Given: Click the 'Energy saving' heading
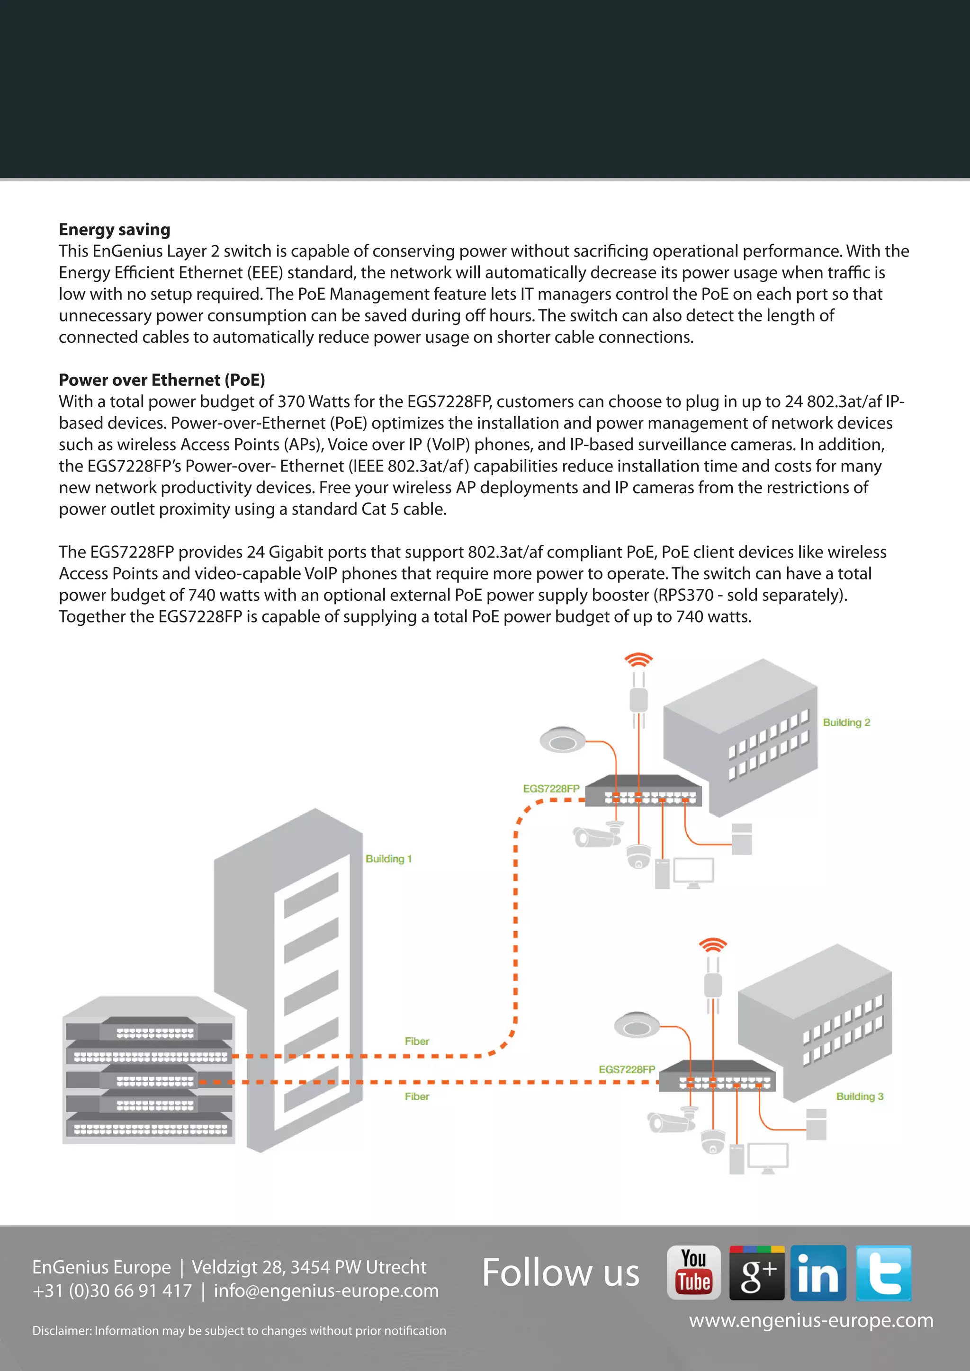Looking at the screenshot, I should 114,229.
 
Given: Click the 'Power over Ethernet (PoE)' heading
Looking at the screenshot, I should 161,380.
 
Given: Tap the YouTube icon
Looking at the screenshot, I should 693,1273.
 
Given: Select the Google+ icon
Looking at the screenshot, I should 757,1273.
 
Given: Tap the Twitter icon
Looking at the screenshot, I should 883,1273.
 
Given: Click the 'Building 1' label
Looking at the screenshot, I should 388,859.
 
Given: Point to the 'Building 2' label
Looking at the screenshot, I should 846,722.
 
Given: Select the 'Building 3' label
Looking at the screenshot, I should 860,1096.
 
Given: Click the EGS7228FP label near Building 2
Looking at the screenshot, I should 551,789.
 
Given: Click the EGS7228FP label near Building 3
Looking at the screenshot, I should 627,1069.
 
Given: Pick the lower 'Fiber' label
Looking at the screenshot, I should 417,1096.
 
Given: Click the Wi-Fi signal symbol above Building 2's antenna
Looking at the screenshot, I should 638,660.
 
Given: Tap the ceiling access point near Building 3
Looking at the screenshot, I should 637,1024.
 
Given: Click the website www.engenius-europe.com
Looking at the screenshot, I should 810,1320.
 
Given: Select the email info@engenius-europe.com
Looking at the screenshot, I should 326,1291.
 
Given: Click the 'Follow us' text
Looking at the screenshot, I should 560,1273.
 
